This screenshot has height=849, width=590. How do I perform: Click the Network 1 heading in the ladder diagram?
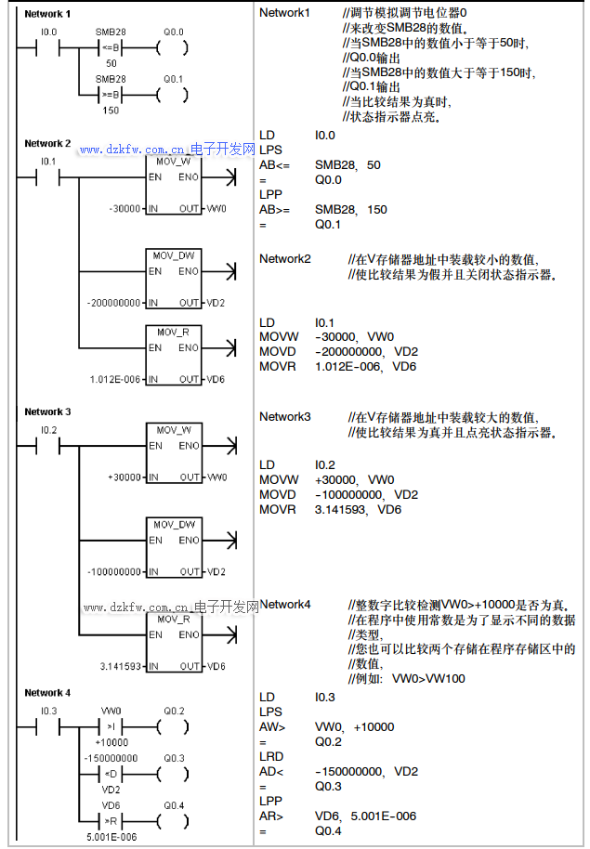click(46, 15)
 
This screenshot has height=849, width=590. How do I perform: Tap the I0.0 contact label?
click(49, 32)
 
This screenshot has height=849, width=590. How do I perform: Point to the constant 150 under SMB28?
click(111, 111)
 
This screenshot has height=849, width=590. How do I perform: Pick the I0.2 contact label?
click(49, 430)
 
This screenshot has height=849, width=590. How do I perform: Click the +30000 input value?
click(125, 477)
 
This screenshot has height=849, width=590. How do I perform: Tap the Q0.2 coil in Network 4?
click(173, 727)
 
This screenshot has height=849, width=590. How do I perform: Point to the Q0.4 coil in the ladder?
click(173, 821)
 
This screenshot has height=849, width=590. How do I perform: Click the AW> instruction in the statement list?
click(273, 726)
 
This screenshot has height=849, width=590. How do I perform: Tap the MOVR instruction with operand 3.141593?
click(277, 510)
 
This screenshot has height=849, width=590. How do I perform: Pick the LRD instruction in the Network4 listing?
click(271, 757)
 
